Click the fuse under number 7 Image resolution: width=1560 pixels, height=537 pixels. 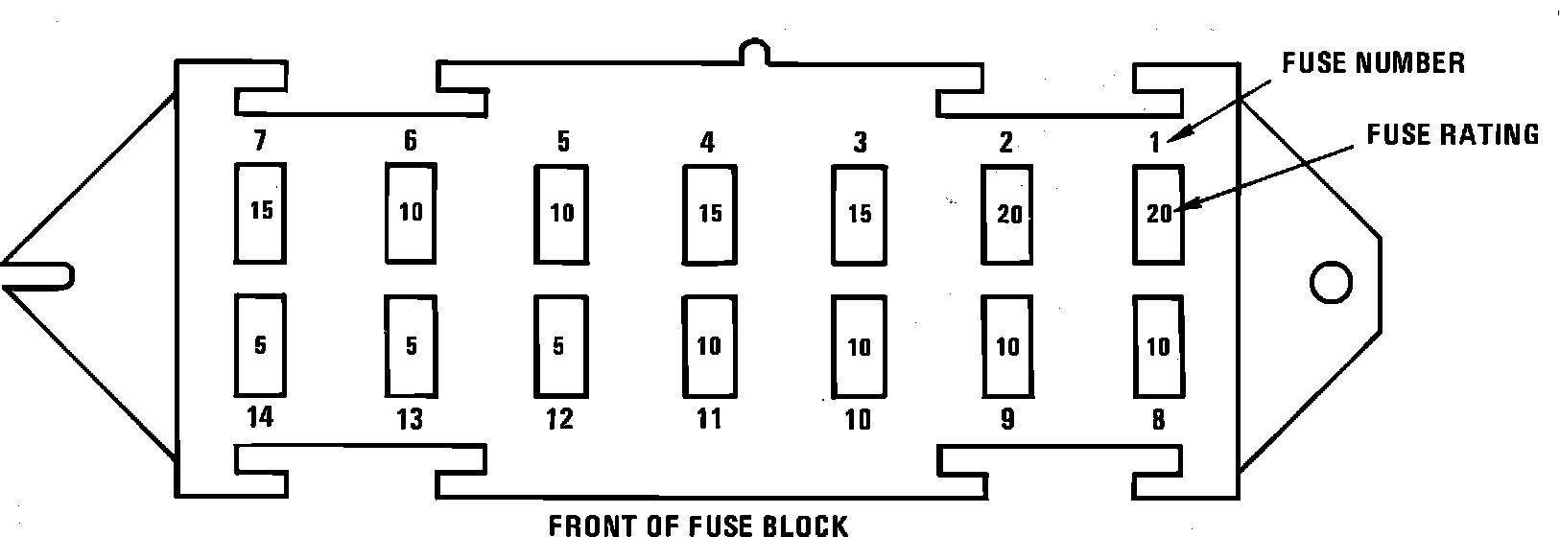[260, 212]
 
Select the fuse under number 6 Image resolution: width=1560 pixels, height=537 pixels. [411, 212]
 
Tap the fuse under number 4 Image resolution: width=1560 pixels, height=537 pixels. [709, 213]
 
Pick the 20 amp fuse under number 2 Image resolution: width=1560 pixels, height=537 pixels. [1006, 214]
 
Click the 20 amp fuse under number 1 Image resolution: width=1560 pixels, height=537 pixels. [1158, 214]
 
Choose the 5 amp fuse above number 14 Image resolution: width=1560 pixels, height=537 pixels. [260, 345]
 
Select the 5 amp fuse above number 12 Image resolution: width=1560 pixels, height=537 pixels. [560, 345]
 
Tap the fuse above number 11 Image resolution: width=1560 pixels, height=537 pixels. [709, 345]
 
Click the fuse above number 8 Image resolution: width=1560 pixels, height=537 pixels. [1158, 345]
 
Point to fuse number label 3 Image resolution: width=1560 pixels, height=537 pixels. [860, 143]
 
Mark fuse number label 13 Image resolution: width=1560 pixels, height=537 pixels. [410, 420]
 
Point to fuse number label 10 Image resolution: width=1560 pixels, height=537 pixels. [858, 420]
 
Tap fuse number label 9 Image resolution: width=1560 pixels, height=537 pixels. [1006, 420]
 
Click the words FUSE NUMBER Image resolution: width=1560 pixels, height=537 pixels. [1374, 63]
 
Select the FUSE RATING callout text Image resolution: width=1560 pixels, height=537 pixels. [1453, 134]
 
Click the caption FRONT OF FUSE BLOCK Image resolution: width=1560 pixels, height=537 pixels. [697, 525]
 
